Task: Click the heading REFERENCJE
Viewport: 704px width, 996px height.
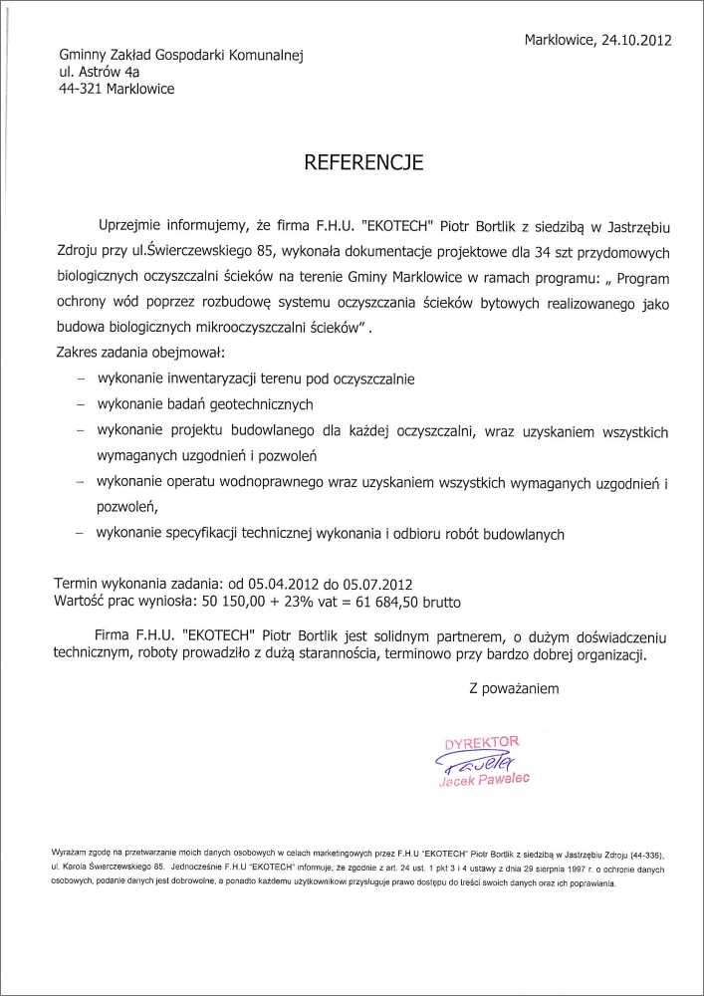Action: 363,159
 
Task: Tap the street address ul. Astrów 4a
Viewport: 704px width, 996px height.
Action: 99,73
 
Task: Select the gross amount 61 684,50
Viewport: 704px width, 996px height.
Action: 379,603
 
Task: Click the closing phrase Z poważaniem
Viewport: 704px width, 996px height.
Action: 514,688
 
